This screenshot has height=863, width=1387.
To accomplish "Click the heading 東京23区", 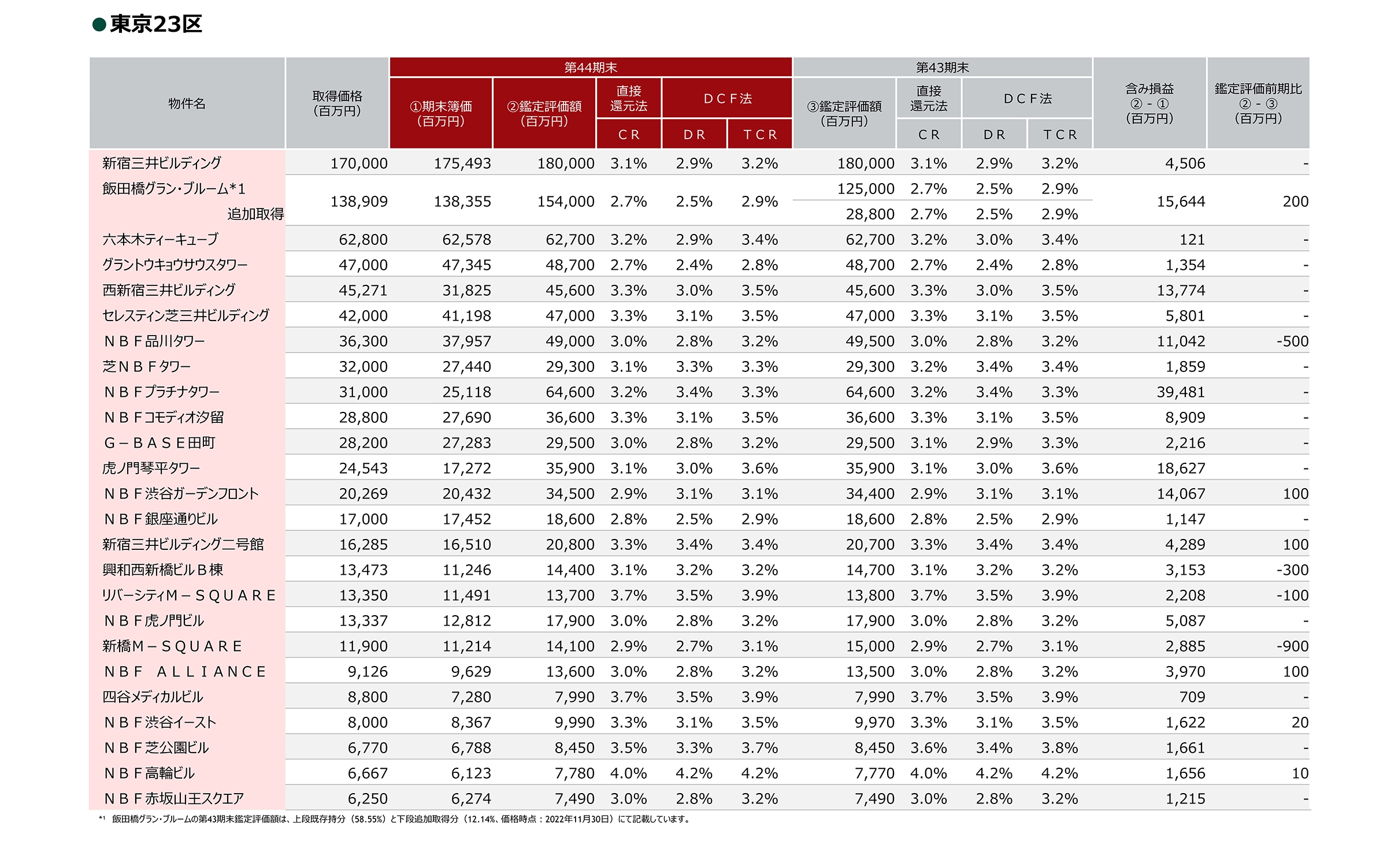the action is (x=155, y=24).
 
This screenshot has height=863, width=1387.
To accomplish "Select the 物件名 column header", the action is (x=187, y=103).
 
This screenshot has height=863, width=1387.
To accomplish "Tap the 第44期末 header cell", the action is (x=591, y=67).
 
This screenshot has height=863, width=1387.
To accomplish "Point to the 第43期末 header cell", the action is (x=942, y=67).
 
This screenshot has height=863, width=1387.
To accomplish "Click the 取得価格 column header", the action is (x=337, y=103).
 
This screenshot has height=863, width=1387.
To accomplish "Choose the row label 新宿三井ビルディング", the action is (x=162, y=163).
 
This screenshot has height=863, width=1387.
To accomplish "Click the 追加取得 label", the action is (x=255, y=214).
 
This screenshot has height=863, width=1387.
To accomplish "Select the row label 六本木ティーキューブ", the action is (x=161, y=239).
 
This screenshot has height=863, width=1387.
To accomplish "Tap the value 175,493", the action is (x=462, y=163).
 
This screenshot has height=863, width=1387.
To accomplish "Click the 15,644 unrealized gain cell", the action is (x=1181, y=202).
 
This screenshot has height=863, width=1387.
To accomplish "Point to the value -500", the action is (x=1292, y=341).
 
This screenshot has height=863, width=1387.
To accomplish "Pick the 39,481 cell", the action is (x=1181, y=392).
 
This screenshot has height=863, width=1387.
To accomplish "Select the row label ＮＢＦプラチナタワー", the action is (x=162, y=392).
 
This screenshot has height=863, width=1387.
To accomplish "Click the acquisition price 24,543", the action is (x=363, y=468).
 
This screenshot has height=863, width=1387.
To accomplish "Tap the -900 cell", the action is (x=1292, y=646).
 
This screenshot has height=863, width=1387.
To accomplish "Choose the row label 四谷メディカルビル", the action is (x=153, y=697).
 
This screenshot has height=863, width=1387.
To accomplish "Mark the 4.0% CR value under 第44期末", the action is (x=628, y=773).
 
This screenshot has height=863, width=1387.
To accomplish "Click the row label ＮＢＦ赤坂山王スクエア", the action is (x=174, y=799).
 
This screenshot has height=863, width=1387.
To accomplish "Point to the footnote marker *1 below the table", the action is (x=102, y=819).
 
